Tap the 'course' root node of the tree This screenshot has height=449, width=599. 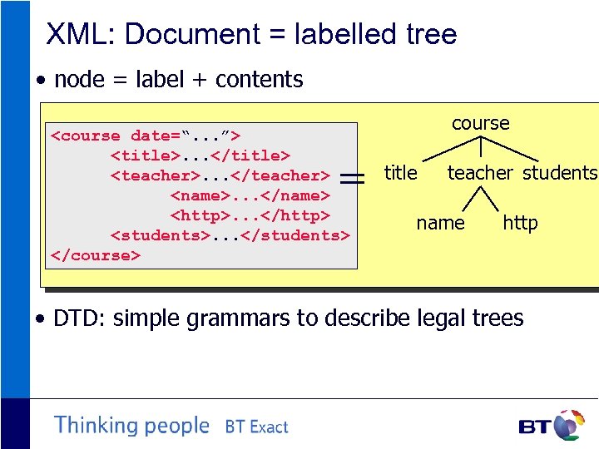(x=481, y=123)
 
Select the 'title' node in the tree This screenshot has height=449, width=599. (x=400, y=173)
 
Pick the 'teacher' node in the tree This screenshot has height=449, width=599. (x=480, y=173)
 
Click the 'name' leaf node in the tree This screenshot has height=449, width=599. (x=440, y=223)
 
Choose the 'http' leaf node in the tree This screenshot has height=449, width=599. (x=520, y=223)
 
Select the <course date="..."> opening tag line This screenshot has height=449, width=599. (x=146, y=136)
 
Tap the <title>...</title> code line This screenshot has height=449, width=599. (x=200, y=155)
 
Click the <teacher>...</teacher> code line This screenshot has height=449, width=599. (x=220, y=175)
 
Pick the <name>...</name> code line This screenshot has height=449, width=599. (x=250, y=195)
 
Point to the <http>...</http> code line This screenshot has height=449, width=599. (x=250, y=215)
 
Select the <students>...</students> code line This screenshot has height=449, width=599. (x=230, y=235)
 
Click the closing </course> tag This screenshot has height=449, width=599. (x=96, y=255)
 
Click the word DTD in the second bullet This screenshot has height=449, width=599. (x=80, y=318)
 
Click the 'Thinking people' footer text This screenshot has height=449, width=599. (x=131, y=426)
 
